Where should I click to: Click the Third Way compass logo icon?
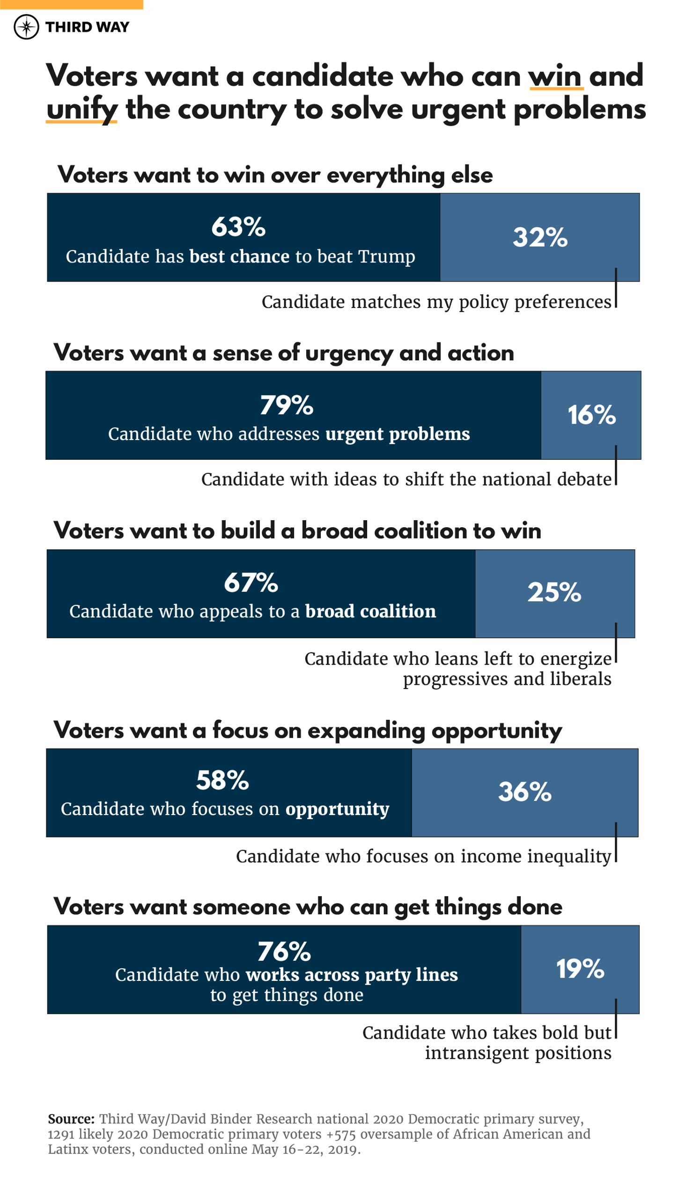click(26, 27)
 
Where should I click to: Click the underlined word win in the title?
click(555, 76)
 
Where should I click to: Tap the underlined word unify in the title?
click(81, 110)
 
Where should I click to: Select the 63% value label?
click(238, 227)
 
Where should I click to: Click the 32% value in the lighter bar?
click(540, 238)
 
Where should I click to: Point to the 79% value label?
click(287, 405)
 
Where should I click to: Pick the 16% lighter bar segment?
click(591, 415)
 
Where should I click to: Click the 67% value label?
click(251, 583)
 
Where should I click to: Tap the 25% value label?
click(554, 593)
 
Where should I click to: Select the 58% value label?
click(222, 781)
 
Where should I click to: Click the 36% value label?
click(525, 792)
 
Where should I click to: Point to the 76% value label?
click(284, 952)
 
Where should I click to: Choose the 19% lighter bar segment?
click(580, 969)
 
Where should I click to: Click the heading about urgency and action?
click(284, 353)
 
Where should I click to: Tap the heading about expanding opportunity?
click(308, 731)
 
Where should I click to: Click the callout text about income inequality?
click(423, 856)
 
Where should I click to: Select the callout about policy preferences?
click(436, 302)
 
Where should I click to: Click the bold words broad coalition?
click(370, 612)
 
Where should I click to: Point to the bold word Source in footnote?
click(71, 1119)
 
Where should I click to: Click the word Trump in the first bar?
click(386, 257)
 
